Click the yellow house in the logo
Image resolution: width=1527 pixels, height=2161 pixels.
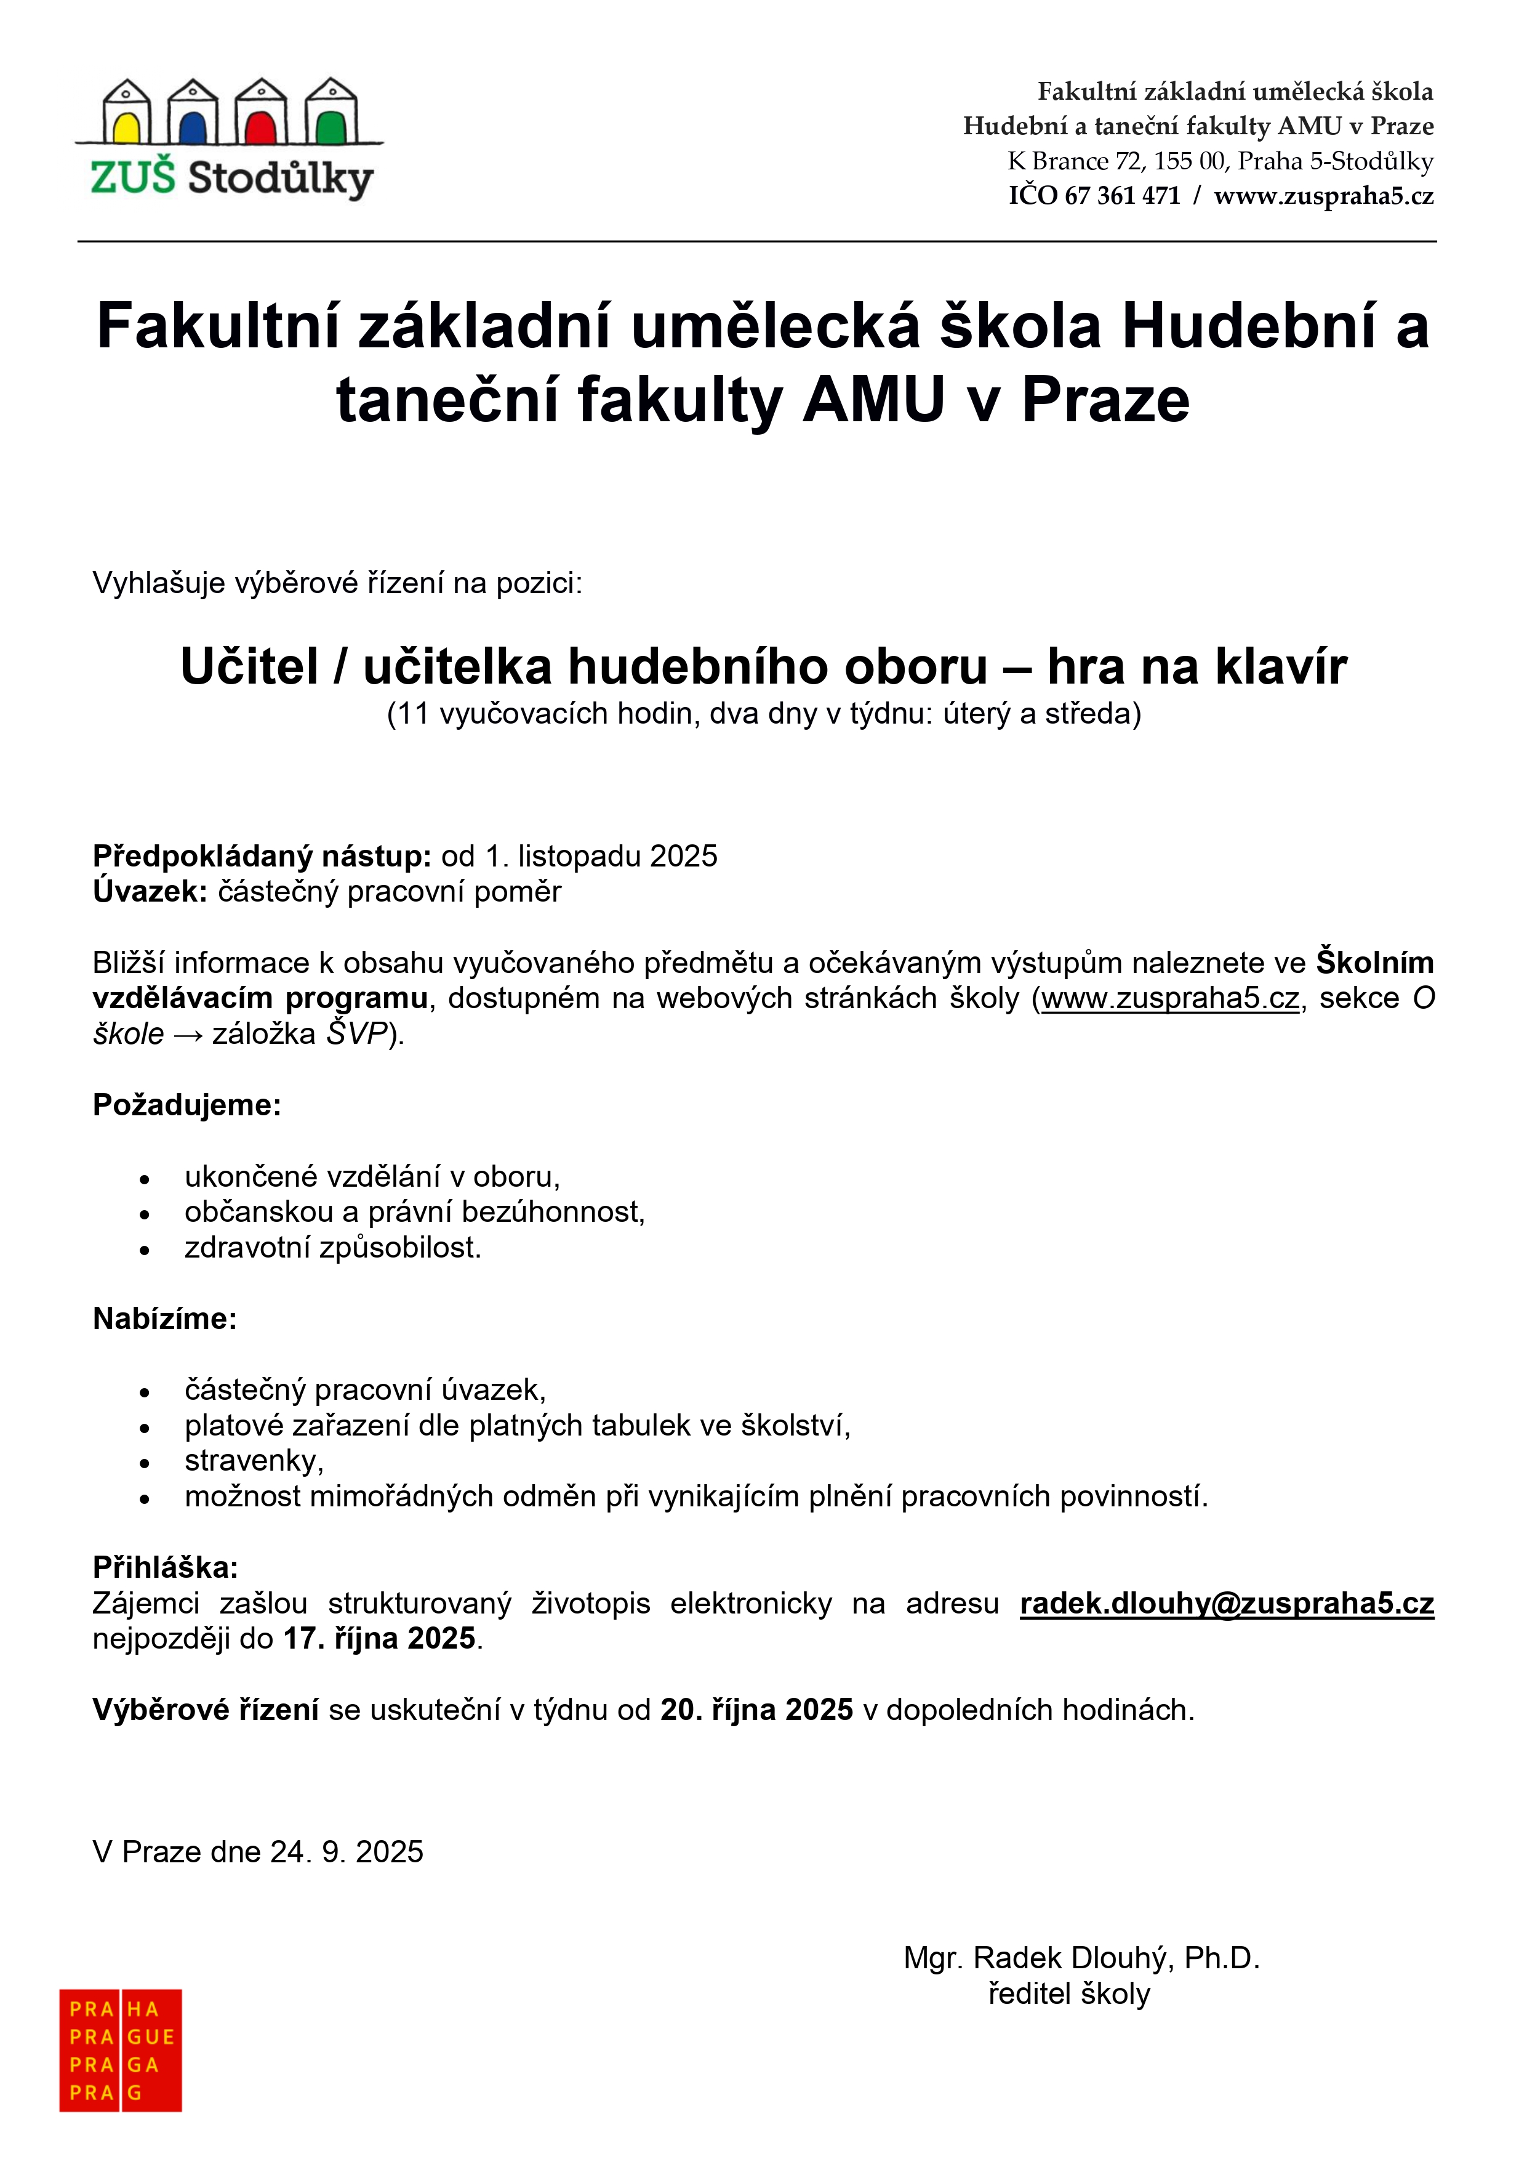click(126, 112)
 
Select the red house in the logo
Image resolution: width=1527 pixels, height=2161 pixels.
click(260, 112)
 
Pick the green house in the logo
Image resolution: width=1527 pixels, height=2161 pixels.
click(331, 112)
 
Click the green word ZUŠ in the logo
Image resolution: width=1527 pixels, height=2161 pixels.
click(133, 177)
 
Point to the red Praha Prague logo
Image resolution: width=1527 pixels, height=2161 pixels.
click(121, 2049)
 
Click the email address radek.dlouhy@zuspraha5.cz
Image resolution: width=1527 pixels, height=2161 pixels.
click(1226, 1603)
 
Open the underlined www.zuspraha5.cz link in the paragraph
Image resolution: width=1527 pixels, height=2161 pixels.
click(1169, 998)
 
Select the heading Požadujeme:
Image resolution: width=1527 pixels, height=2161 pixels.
click(186, 1105)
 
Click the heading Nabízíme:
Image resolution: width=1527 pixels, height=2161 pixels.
click(165, 1319)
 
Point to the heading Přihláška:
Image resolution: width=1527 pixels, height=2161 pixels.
click(166, 1567)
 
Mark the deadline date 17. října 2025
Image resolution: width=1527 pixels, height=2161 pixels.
click(379, 1639)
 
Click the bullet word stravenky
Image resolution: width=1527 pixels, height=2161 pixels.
click(253, 1461)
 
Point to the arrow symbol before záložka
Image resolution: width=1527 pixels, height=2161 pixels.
click(188, 1035)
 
